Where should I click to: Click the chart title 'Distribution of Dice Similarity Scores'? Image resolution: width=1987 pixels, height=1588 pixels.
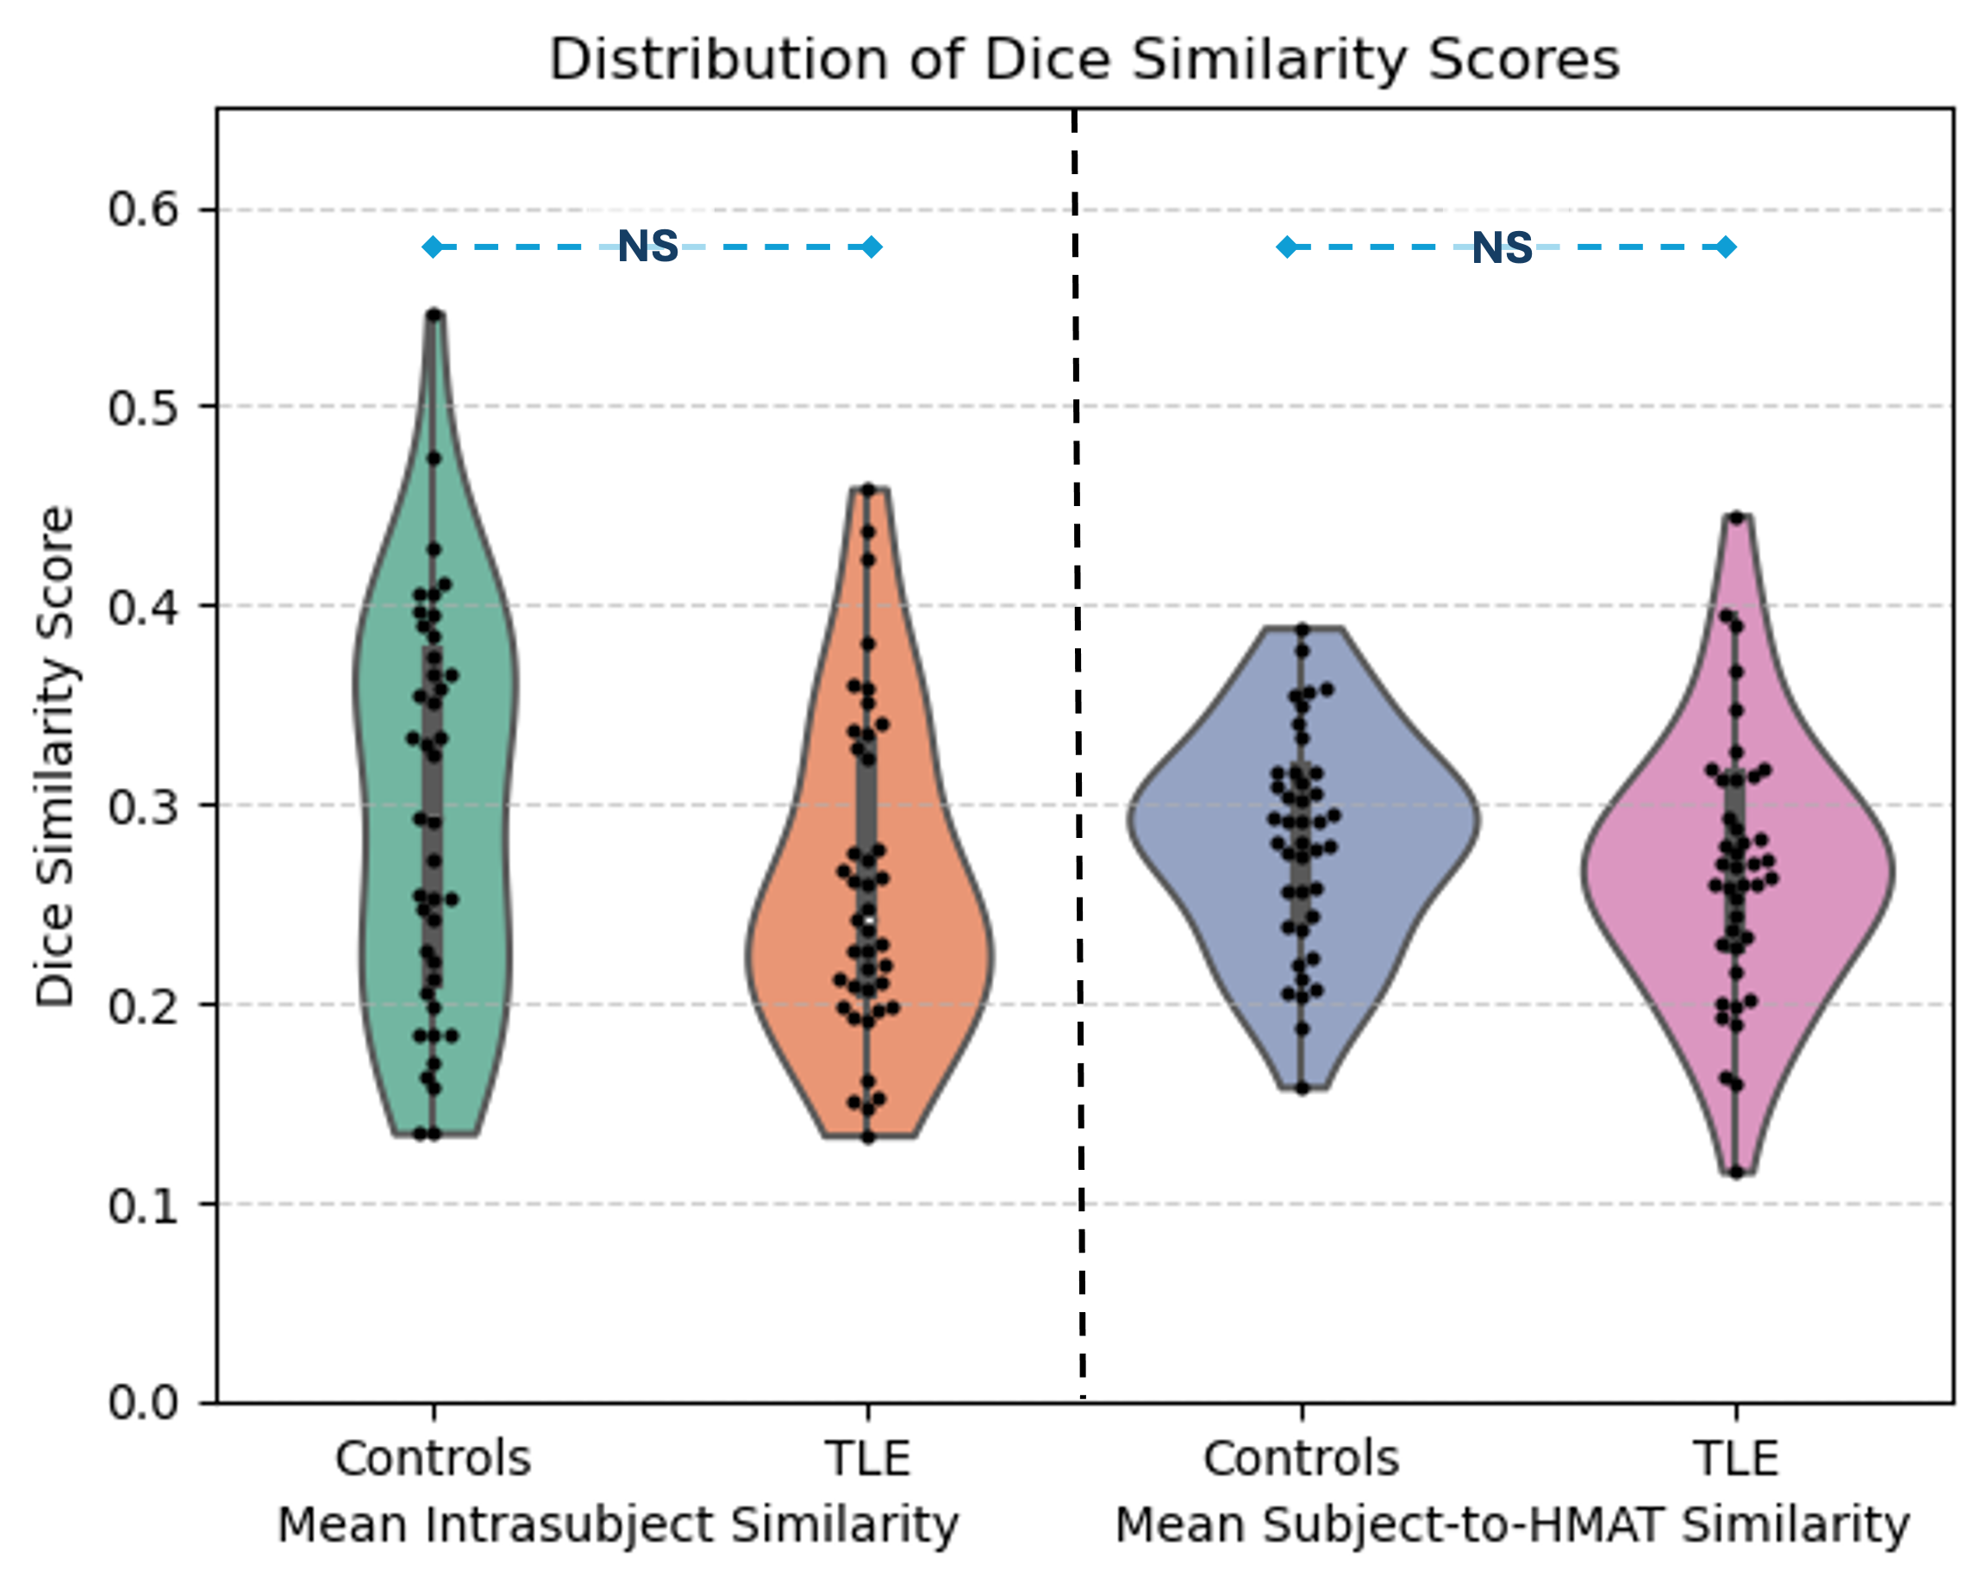point(1084,59)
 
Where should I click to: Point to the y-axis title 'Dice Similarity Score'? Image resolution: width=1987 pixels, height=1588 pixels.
point(55,756)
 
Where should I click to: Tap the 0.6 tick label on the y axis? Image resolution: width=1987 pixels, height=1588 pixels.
point(143,209)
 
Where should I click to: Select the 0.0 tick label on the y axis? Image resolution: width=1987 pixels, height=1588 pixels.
point(143,1403)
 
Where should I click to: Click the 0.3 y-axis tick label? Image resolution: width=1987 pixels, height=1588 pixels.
point(143,806)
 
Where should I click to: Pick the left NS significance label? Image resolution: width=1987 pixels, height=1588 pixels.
point(648,247)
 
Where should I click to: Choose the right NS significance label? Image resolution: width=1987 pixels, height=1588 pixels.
point(1503,248)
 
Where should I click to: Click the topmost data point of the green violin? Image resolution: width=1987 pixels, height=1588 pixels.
point(435,316)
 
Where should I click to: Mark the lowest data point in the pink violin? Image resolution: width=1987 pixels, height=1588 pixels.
point(1736,1172)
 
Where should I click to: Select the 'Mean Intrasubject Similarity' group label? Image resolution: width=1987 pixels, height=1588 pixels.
point(617,1525)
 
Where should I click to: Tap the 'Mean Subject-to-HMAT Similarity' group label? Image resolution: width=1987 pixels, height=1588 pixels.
point(1511,1525)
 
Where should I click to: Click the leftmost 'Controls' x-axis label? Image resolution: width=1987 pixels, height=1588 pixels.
point(433,1459)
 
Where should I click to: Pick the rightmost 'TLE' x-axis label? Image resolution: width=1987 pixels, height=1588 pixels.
point(1735,1459)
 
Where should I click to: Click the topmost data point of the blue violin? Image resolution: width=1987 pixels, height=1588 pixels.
point(1303,629)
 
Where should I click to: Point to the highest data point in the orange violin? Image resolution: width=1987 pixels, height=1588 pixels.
point(868,490)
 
